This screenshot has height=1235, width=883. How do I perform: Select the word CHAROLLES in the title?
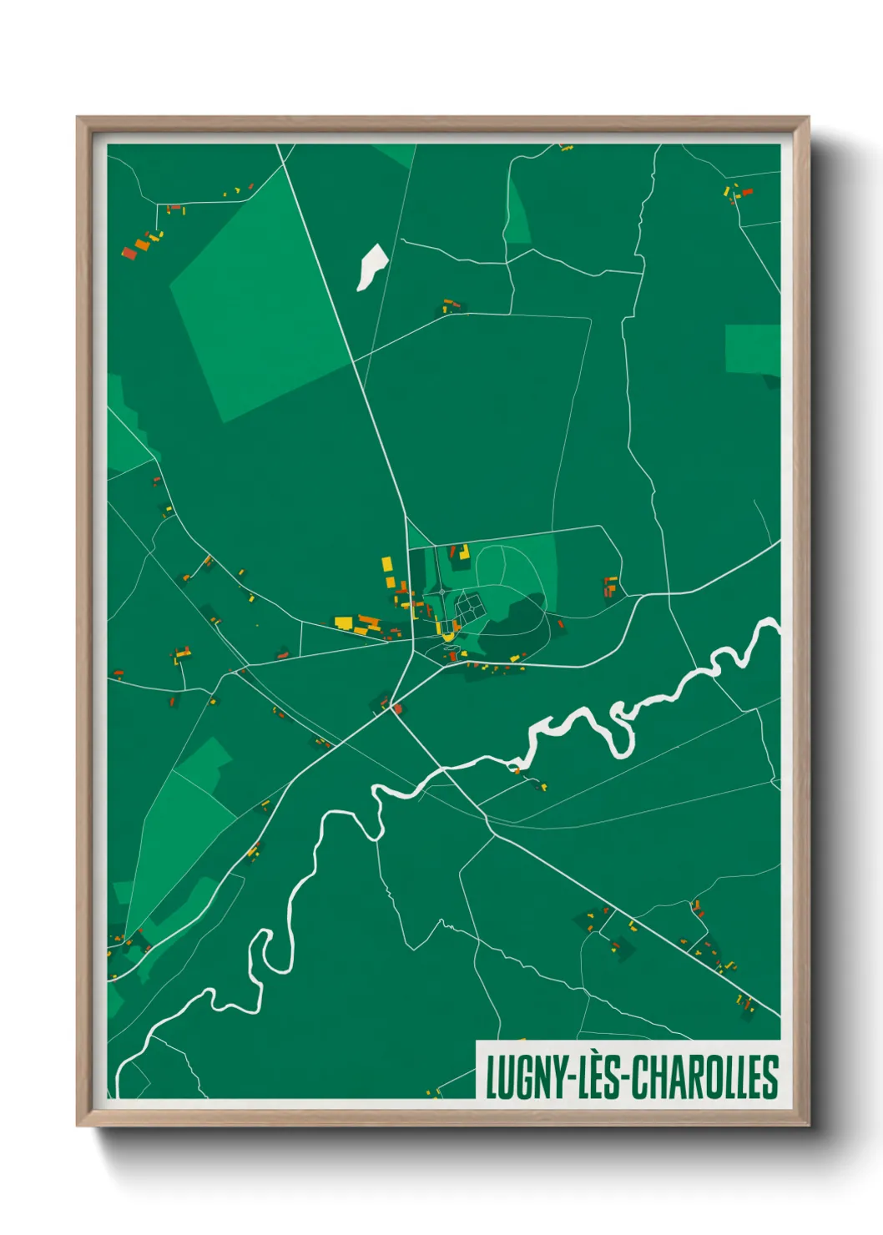pos(705,1077)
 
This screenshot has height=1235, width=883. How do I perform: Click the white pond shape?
pos(371,266)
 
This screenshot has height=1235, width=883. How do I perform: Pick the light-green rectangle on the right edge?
pos(753,349)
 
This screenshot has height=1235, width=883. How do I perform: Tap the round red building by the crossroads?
pos(398,709)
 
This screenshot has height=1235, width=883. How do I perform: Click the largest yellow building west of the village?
pos(343,622)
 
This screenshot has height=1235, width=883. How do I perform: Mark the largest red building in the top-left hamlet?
pos(129,252)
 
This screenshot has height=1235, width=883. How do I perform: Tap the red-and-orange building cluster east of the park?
pos(611,586)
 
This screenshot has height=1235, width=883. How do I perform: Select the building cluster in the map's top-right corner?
pos(737,194)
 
